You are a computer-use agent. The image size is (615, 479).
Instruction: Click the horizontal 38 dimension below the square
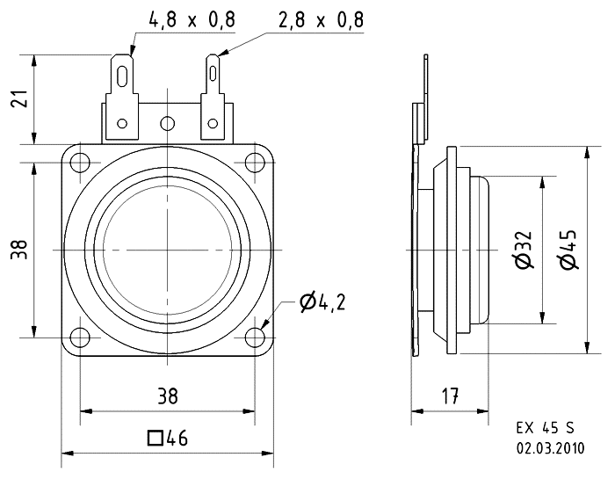(x=167, y=397)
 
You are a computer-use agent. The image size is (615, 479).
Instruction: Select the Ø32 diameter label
(x=524, y=250)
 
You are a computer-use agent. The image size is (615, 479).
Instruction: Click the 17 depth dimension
(x=451, y=397)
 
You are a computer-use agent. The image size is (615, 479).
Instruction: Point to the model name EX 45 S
(x=545, y=429)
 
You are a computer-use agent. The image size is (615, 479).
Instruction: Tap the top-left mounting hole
(x=80, y=163)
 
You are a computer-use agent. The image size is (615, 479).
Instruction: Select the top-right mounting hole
(x=255, y=163)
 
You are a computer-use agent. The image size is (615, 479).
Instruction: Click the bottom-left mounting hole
(x=80, y=337)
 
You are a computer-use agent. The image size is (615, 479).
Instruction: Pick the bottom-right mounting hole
(x=255, y=337)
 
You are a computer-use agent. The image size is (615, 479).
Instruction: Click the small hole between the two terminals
(x=168, y=123)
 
